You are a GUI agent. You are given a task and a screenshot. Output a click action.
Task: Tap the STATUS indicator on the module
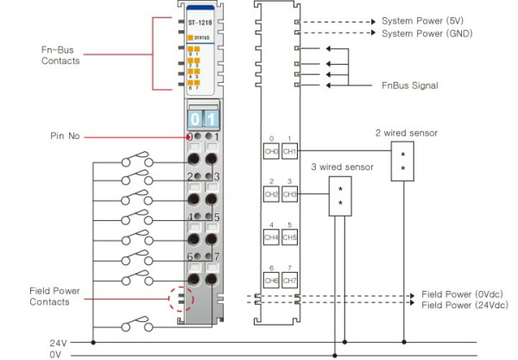(x=201, y=38)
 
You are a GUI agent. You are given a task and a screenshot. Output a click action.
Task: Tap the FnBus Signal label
(x=410, y=85)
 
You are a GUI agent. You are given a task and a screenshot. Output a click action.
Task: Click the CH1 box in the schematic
(x=290, y=151)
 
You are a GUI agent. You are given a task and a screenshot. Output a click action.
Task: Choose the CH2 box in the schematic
(x=271, y=195)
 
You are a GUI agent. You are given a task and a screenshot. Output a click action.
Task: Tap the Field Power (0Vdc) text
(x=461, y=294)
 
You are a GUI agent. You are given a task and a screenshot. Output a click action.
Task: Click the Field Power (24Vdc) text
(x=463, y=306)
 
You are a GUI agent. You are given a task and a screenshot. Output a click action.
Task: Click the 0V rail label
(x=56, y=355)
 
